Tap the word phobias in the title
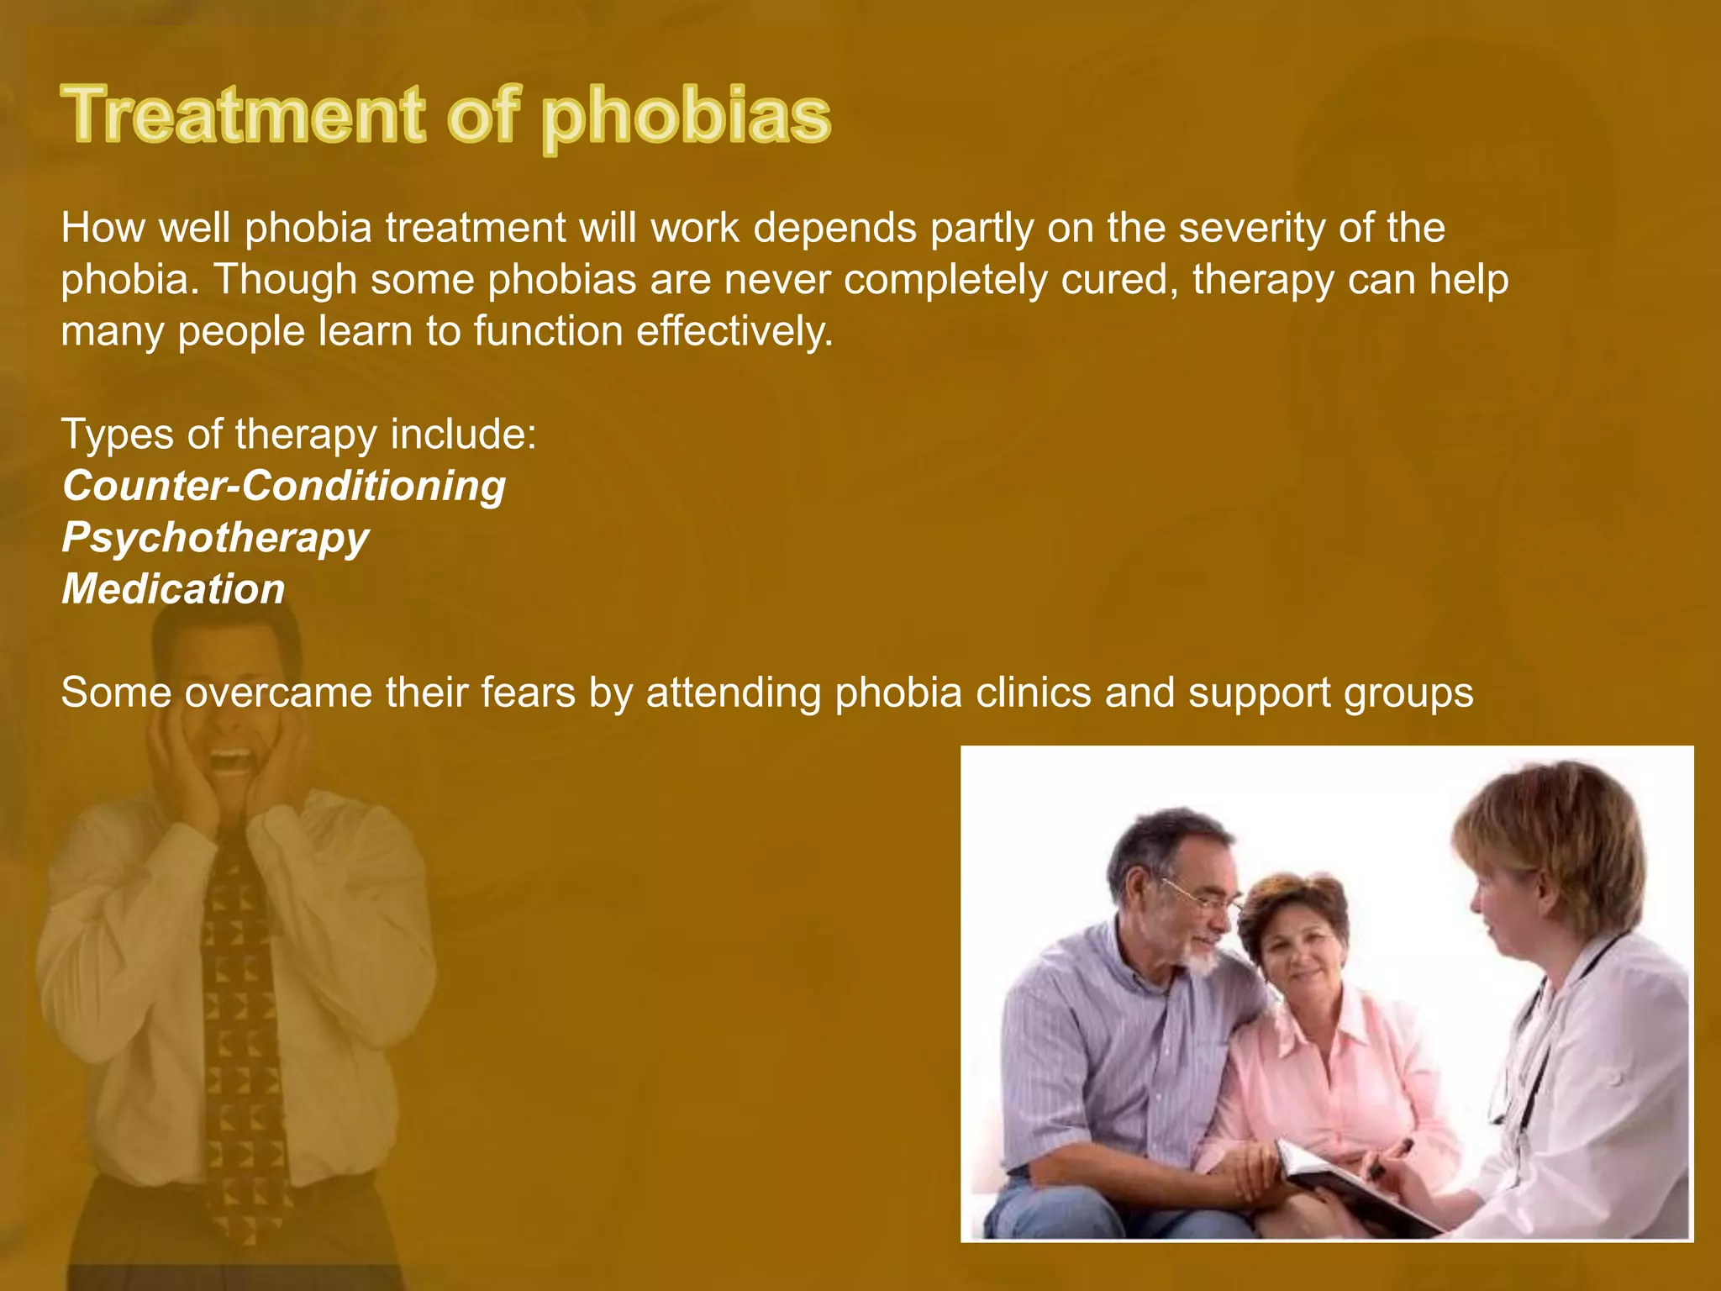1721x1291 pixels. coord(686,118)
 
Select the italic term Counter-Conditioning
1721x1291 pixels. coord(284,486)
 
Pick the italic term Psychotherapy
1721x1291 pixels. coord(215,539)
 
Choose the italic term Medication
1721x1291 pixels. coord(173,588)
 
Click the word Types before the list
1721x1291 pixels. coord(116,435)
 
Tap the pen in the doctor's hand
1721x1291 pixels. coord(1391,1156)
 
